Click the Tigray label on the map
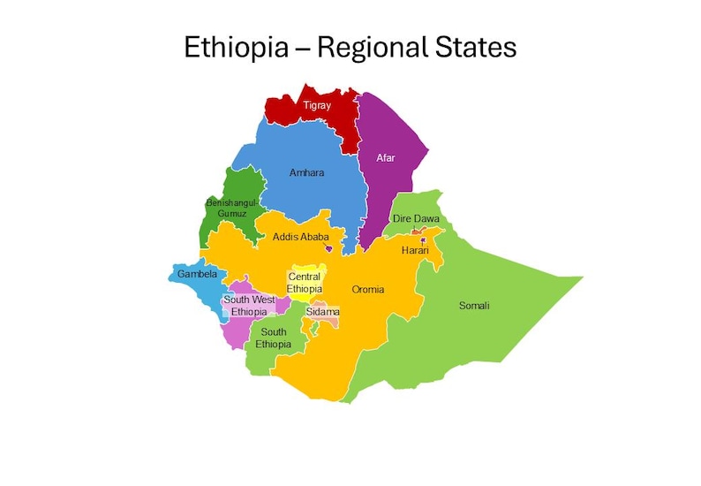click(x=317, y=105)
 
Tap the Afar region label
click(x=385, y=158)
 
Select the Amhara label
click(x=306, y=173)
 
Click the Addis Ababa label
click(x=300, y=237)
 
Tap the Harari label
click(x=415, y=251)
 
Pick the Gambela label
click(x=196, y=274)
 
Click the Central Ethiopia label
click(x=305, y=283)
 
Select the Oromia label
click(x=368, y=290)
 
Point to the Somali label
click(x=474, y=306)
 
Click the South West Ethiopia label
click(x=248, y=306)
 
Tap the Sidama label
click(x=322, y=312)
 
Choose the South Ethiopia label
click(x=273, y=338)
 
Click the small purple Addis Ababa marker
click(x=328, y=249)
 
